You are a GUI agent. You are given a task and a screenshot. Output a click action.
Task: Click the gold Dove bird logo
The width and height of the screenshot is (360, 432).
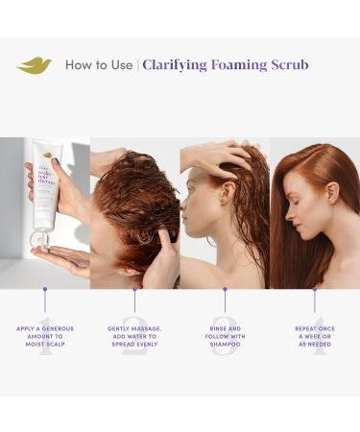coord(35,65)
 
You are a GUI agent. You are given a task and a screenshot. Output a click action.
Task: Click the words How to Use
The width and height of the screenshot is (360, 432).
coord(98,65)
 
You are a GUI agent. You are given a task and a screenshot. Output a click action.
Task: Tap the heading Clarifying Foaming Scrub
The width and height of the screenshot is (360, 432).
coord(225,65)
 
